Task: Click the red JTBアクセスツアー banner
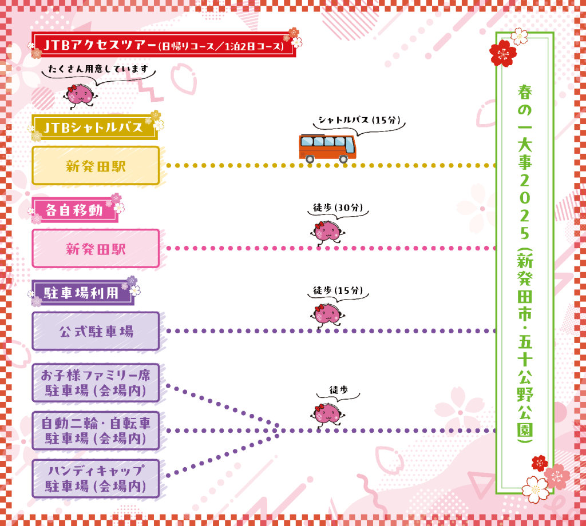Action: pyautogui.click(x=164, y=45)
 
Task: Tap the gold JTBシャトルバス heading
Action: pyautogui.click(x=94, y=127)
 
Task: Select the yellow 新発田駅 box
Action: pyautogui.click(x=96, y=165)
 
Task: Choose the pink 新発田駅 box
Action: pyautogui.click(x=96, y=248)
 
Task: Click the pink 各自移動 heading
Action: pyautogui.click(x=75, y=210)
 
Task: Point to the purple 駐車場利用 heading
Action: pyautogui.click(x=82, y=293)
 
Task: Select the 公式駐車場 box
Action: pyautogui.click(x=96, y=331)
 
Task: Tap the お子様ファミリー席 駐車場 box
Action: pyautogui.click(x=96, y=382)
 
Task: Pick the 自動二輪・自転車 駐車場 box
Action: pyautogui.click(x=96, y=431)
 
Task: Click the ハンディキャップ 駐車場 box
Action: pyautogui.click(x=96, y=479)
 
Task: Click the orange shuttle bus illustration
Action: pyautogui.click(x=327, y=148)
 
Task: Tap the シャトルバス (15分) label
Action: pyautogui.click(x=359, y=120)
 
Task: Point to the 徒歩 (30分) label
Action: pyautogui.click(x=338, y=207)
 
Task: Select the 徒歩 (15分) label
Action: pyautogui.click(x=338, y=290)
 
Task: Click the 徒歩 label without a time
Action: pyautogui.click(x=339, y=390)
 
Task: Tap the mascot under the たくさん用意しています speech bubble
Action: pyautogui.click(x=80, y=95)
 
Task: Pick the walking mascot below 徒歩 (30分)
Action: pyautogui.click(x=327, y=233)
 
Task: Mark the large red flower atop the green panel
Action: pyautogui.click(x=503, y=53)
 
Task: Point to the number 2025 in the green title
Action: pyautogui.click(x=525, y=206)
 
